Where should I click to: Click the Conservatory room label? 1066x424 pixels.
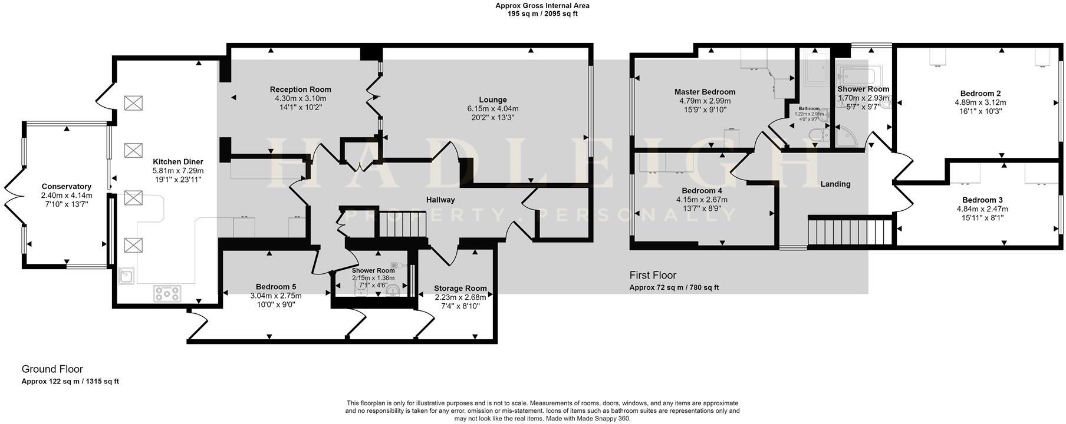pyautogui.click(x=66, y=187)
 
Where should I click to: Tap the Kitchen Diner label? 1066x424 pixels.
pyautogui.click(x=177, y=162)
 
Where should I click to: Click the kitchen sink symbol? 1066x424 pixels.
pyautogui.click(x=126, y=276)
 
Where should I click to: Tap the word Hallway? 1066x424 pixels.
pyautogui.click(x=440, y=200)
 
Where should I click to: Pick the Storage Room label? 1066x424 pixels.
pyautogui.click(x=460, y=289)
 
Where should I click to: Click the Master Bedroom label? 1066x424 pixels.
pyautogui.click(x=705, y=92)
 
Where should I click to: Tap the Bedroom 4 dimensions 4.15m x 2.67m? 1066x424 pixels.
pyautogui.click(x=702, y=200)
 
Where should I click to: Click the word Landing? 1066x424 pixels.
pyautogui.click(x=835, y=184)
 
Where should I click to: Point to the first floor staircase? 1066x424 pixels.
pyautogui.click(x=850, y=231)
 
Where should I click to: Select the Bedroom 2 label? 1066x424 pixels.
pyautogui.click(x=980, y=94)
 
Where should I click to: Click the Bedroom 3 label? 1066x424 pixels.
pyautogui.click(x=982, y=200)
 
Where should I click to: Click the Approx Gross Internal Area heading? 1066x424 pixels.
pyautogui.click(x=542, y=6)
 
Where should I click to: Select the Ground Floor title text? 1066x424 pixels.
pyautogui.click(x=52, y=370)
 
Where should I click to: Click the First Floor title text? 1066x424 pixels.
pyautogui.click(x=652, y=276)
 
